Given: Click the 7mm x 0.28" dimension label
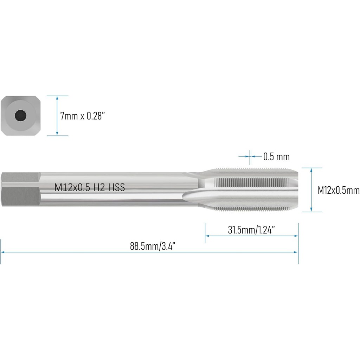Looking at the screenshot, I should point(83,116).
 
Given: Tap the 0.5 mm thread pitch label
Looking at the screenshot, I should point(276,156).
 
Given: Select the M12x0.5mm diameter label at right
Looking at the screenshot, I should point(338,191).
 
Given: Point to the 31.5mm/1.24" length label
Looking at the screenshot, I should point(251,230).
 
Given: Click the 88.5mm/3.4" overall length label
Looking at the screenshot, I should point(153,246).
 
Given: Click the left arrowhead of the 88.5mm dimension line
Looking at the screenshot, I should point(3,252).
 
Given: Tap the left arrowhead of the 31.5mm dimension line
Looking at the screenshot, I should point(207,236).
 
